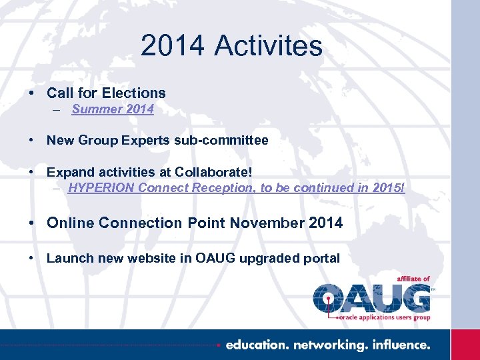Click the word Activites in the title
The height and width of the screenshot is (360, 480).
[269, 46]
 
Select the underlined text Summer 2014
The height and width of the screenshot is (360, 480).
[113, 109]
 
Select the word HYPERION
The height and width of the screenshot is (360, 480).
[101, 188]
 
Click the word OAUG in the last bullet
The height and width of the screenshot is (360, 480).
[215, 258]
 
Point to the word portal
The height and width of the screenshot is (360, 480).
[321, 258]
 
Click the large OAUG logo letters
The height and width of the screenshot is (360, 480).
[372, 297]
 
